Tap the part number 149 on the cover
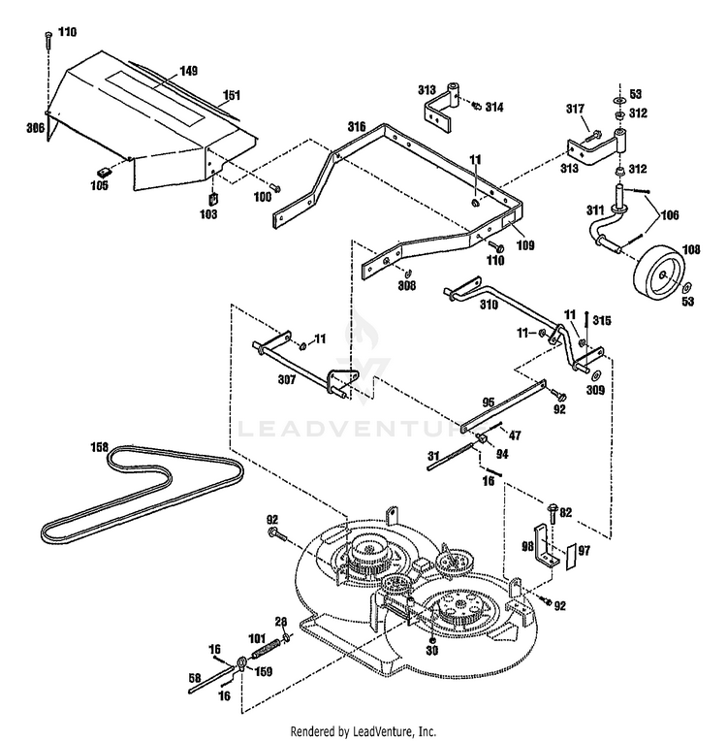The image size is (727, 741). tap(188, 71)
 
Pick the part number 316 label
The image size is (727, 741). tap(357, 127)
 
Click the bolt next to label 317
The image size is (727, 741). tap(592, 137)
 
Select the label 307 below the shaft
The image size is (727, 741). tap(287, 379)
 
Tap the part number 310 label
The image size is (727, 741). tap(489, 305)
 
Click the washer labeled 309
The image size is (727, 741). tap(596, 374)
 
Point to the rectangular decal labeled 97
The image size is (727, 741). tap(571, 556)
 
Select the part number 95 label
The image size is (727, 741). tap(489, 403)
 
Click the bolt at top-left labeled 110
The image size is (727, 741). tap(48, 40)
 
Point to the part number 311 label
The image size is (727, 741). tap(595, 209)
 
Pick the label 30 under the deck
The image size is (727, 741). tap(431, 651)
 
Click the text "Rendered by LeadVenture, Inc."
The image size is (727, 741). tap(363, 731)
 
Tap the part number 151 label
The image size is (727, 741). tap(232, 95)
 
